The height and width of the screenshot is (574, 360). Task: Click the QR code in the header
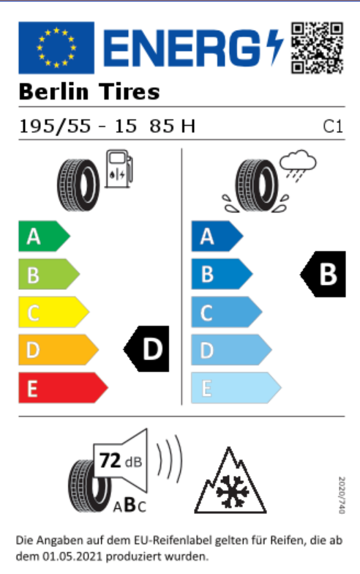point(318,48)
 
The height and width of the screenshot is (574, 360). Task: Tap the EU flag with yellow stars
point(56,48)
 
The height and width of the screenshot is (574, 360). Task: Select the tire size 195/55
point(55,126)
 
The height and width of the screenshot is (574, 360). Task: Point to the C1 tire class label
point(333,127)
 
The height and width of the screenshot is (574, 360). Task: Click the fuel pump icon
point(119,168)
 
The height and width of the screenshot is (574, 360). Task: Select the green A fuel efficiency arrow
point(44,236)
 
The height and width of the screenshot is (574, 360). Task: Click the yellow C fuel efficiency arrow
point(54,312)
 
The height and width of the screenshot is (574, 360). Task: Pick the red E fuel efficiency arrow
point(63,388)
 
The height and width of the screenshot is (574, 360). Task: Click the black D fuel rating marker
point(146,348)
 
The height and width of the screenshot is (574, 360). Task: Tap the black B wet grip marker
point(323,274)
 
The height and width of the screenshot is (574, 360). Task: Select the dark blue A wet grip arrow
point(217,236)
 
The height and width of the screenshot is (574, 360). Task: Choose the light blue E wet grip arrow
point(236,388)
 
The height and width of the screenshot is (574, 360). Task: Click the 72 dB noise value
point(120,461)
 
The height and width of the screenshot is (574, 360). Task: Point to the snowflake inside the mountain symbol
point(230,492)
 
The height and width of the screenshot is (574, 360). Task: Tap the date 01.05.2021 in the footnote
point(72,556)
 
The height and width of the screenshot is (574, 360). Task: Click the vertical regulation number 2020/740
point(342,495)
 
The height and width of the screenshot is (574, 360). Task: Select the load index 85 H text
point(173,126)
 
